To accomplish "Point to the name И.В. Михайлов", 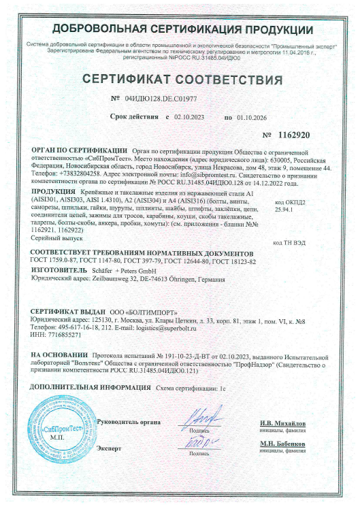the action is [x=282, y=423].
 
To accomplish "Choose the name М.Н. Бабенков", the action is [x=282, y=444].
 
